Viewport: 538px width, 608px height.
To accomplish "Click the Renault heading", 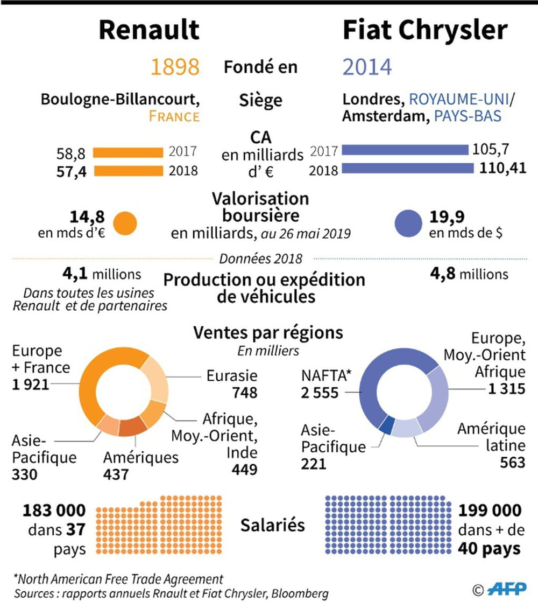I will (149, 30).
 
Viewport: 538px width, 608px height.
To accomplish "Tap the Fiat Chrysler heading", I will (425, 30).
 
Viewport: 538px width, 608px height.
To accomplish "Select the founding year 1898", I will (174, 67).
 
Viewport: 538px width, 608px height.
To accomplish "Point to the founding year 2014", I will (367, 67).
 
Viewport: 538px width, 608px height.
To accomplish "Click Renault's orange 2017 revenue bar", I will (128, 152).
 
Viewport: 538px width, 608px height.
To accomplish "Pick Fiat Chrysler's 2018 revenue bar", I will (407, 168).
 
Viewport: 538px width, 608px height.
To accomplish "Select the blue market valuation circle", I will (408, 222).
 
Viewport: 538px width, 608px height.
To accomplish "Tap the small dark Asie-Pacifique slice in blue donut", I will (386, 425).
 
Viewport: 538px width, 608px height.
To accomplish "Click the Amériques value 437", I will (116, 474).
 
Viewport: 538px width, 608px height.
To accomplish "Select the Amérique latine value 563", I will (509, 462).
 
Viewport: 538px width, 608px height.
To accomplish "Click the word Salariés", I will (273, 525).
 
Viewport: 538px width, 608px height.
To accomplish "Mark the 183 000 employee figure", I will (54, 510).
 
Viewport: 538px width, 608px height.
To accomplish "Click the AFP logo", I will (507, 590).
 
